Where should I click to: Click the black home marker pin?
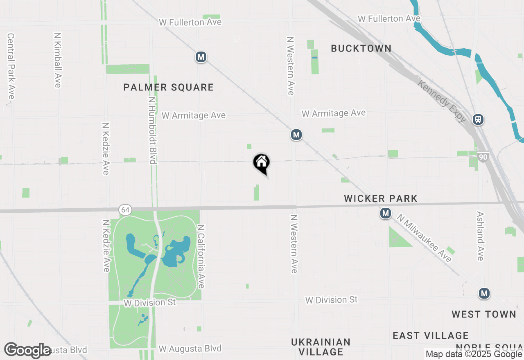coord(261,162)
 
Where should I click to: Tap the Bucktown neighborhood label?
coord(361,48)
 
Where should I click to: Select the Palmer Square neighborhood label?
coord(169,87)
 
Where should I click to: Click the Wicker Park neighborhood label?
coord(381,199)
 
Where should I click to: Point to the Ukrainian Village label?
coord(321,346)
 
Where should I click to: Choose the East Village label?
coord(430,336)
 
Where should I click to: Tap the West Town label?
coord(484,315)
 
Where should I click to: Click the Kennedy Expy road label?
coord(442,101)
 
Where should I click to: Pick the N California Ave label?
coord(201,256)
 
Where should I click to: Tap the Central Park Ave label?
coord(11,66)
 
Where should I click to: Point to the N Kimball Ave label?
coord(57,60)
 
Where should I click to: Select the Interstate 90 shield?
coord(483,157)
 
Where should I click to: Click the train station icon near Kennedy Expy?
coord(478,119)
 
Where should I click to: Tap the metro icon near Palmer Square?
coord(201,57)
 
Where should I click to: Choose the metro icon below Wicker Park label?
coord(385,213)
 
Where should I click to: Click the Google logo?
coord(28,350)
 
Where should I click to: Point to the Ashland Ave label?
coord(480,236)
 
